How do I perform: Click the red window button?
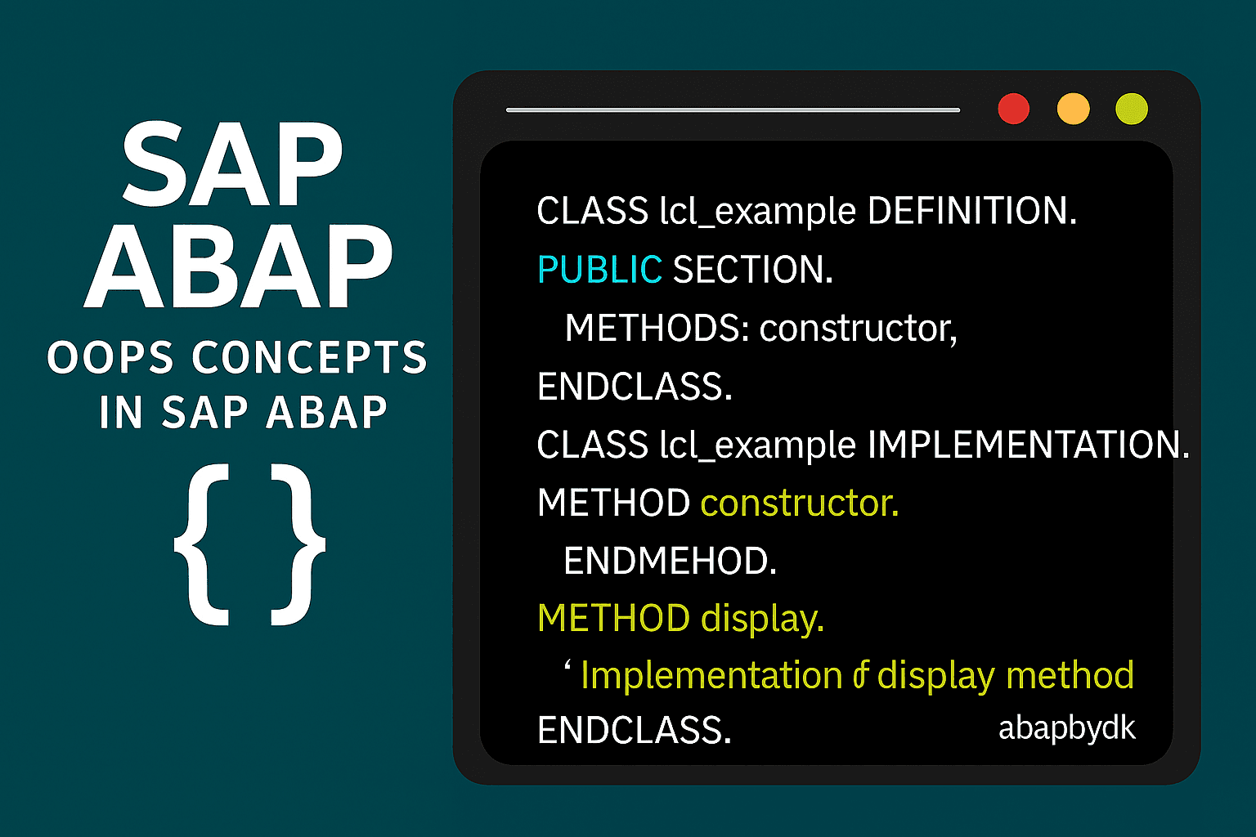(1014, 109)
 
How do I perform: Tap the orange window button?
(1073, 109)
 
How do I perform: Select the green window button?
(1132, 109)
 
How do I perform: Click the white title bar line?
(733, 110)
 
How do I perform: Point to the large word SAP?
(232, 163)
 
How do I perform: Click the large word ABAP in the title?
(238, 266)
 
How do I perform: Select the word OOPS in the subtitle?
(110, 357)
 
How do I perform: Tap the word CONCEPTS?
(310, 357)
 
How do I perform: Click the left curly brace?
(202, 544)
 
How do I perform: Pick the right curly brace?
(298, 544)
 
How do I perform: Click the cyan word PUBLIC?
(600, 269)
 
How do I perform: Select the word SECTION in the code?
(753, 269)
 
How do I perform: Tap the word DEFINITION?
(972, 211)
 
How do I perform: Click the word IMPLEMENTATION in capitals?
(1029, 444)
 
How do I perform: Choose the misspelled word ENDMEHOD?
(670, 561)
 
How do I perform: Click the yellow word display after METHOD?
(763, 620)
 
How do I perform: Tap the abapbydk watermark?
(1067, 729)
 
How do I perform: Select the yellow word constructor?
(800, 503)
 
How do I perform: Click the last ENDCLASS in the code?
(635, 730)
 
